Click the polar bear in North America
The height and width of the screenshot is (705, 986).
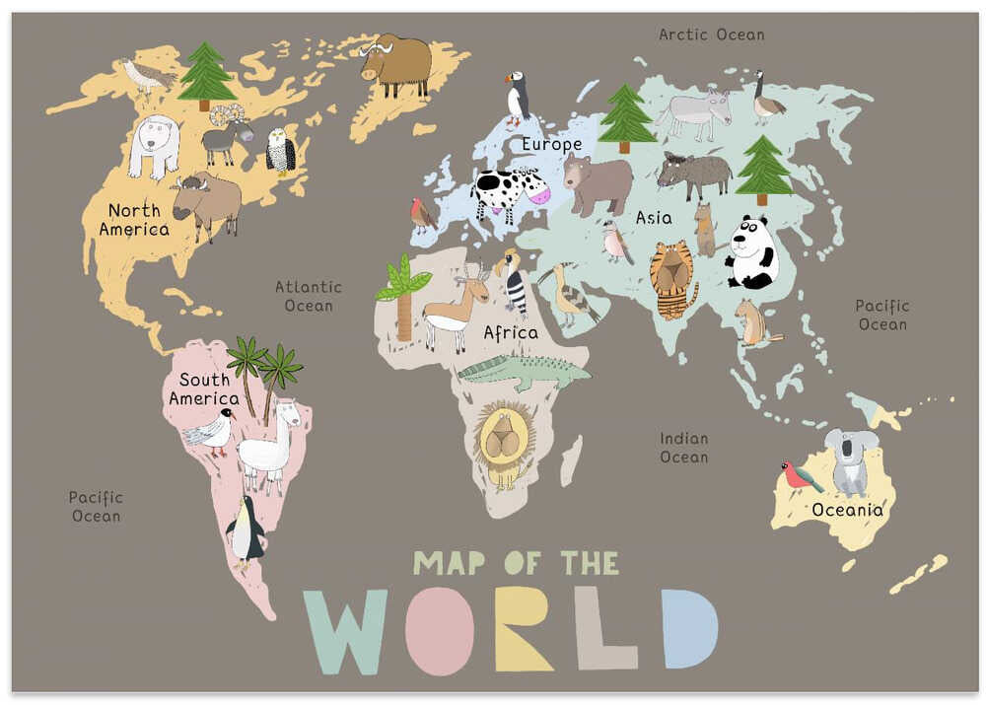[154, 145]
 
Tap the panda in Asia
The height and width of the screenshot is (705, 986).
[752, 253]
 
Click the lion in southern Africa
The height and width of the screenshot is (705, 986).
[504, 442]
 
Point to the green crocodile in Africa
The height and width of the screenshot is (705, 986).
[523, 372]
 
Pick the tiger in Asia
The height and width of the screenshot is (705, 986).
[672, 277]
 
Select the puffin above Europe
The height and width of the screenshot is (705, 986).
[517, 98]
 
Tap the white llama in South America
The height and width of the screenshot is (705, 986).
[267, 448]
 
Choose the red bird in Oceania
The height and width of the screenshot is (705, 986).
[799, 477]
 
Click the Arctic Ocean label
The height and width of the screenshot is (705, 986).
[711, 35]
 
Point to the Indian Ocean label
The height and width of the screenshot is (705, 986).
[684, 448]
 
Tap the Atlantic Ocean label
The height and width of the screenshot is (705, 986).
[308, 296]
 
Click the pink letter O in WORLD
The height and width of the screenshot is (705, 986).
[439, 629]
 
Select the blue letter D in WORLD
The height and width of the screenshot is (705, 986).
[688, 628]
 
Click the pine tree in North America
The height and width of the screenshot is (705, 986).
[205, 73]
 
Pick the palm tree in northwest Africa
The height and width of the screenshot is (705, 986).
[403, 297]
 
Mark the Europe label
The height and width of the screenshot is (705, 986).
[551, 145]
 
